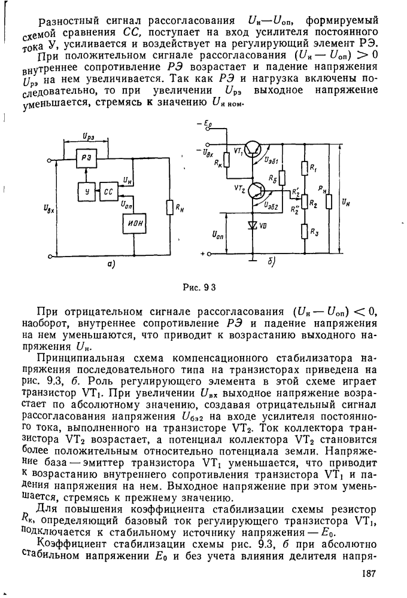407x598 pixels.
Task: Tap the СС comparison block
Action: click(108, 192)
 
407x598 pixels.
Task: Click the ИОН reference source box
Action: click(134, 225)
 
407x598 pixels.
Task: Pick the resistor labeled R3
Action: click(305, 230)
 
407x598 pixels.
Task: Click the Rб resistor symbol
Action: click(281, 178)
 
